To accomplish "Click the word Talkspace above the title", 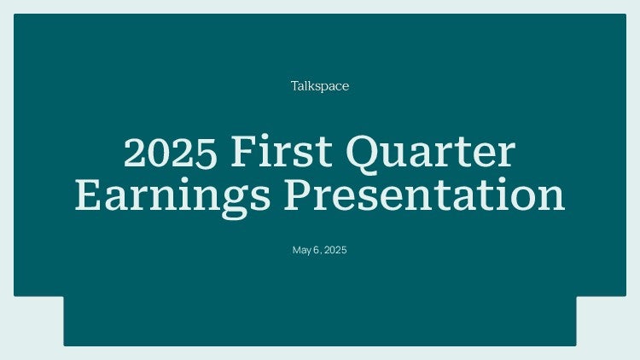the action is pos(320,86).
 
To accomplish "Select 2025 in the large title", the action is pos(170,152).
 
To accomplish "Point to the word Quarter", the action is pos(431,154).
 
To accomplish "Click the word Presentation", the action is pos(424,194).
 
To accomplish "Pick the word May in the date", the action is pos(302,250).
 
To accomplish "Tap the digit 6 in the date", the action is pos(317,250).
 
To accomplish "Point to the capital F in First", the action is pos(244,152).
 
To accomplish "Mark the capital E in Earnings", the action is pos(89,195).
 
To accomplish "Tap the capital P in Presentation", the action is pos(299,195).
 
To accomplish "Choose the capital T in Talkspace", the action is pos(296,85).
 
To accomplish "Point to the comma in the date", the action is pos(321,253).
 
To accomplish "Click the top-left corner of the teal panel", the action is pos(14,14).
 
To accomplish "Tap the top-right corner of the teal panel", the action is pos(626,14).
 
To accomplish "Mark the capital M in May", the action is pos(296,250).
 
